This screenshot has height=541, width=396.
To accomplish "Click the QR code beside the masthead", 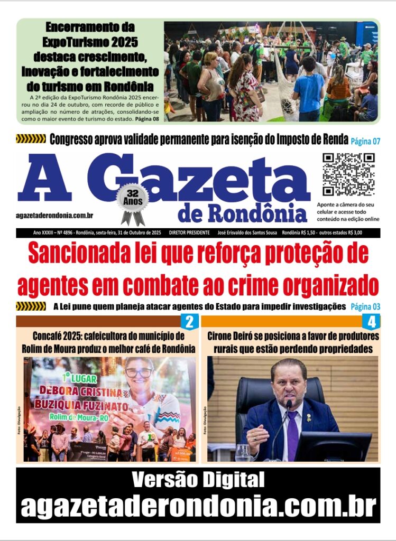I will coord(348,174).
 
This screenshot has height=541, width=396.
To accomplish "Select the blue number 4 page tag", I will coord(372,322).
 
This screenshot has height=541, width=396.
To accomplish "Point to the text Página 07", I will coord(365,141).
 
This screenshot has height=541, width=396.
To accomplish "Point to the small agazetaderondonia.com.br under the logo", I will coord(55,216).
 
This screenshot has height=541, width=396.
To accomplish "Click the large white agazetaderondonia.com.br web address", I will coord(198,507).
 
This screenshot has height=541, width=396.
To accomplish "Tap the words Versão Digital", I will coord(198,480).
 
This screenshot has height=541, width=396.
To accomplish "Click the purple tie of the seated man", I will coord(292,433).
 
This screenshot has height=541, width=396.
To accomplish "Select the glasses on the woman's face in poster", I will coord(139,372).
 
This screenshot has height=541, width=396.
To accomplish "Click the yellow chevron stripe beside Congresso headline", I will coord(31,139).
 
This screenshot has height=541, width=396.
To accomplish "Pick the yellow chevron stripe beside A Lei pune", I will coord(31,306).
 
